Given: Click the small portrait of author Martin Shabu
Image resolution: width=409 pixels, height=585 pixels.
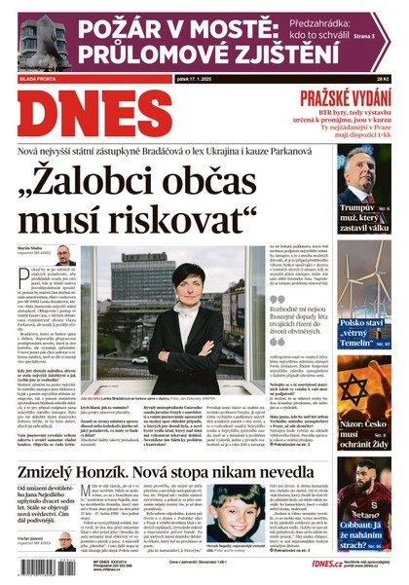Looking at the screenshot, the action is coord(61,255).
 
